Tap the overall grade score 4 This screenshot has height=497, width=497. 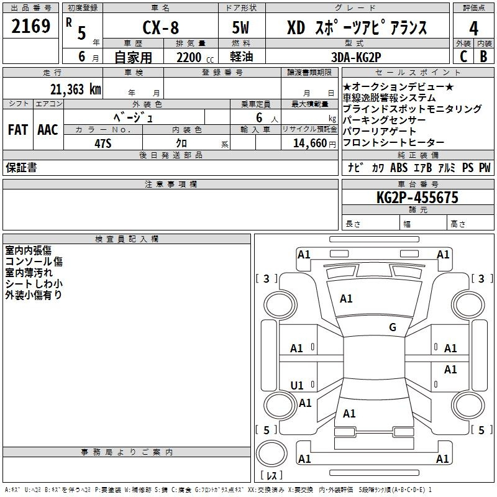pyautogui.click(x=474, y=29)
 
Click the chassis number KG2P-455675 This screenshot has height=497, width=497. pyautogui.click(x=417, y=198)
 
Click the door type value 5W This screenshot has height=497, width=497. pyautogui.click(x=242, y=29)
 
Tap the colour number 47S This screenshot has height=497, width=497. pyautogui.click(x=103, y=142)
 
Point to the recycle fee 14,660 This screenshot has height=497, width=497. pyautogui.click(x=309, y=142)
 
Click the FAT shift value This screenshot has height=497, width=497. pyautogui.click(x=18, y=130)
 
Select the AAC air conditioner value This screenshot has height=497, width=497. pyautogui.click(x=48, y=130)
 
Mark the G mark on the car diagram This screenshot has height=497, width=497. pyautogui.click(x=392, y=327)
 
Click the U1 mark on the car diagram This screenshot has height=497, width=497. pyautogui.click(x=297, y=386)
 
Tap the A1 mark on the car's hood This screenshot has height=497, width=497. pyautogui.click(x=346, y=299)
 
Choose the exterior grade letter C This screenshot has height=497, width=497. pyautogui.click(x=463, y=57)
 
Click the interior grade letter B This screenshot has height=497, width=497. pyautogui.click(x=483, y=57)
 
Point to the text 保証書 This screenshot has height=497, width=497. pyautogui.click(x=21, y=168)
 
